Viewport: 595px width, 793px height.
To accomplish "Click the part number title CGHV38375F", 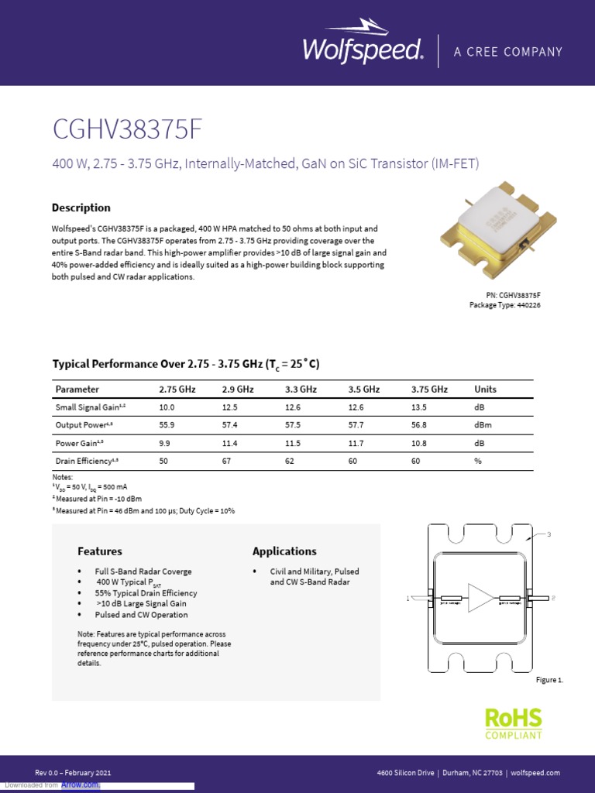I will (127, 129).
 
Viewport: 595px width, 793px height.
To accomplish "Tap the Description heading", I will (81, 208).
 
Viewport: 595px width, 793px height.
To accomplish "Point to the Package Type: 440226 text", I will (504, 305).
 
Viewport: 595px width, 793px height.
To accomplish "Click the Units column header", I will (485, 390).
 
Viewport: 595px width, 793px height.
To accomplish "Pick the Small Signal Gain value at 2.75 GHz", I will (167, 407).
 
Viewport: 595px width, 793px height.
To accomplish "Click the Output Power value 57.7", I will (357, 425).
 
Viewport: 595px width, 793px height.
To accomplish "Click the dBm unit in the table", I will (483, 425).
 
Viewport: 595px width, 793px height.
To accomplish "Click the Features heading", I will (99, 551).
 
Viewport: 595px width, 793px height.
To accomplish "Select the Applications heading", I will (284, 551).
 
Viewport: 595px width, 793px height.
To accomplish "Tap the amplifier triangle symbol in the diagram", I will (480, 598).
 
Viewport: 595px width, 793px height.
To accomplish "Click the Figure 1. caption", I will (549, 680).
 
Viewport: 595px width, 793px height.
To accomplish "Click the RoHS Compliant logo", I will (513, 723).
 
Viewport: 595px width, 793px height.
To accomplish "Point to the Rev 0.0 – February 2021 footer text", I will (73, 773).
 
